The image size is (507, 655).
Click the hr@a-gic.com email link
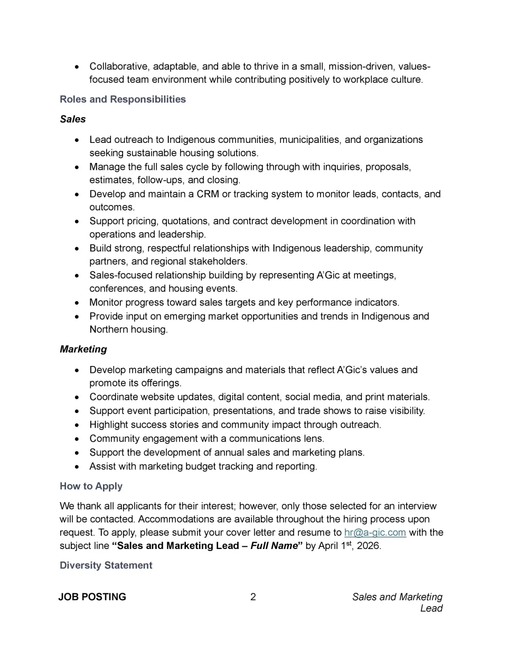[375, 532]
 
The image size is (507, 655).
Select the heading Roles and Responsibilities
[123, 99]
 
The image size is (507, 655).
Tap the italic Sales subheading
[73, 119]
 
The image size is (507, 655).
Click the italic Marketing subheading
[83, 349]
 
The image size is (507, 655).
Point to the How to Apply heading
[91, 486]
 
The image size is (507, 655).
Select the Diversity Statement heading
[106, 565]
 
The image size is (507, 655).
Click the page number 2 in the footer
[253, 597]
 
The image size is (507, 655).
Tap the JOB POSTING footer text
[92, 597]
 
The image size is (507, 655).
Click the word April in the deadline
[330, 546]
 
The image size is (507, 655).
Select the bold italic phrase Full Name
[274, 546]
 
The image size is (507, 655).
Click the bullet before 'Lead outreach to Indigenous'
[78, 140]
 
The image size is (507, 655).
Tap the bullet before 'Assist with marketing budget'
[78, 467]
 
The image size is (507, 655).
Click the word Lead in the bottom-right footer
[431, 609]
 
